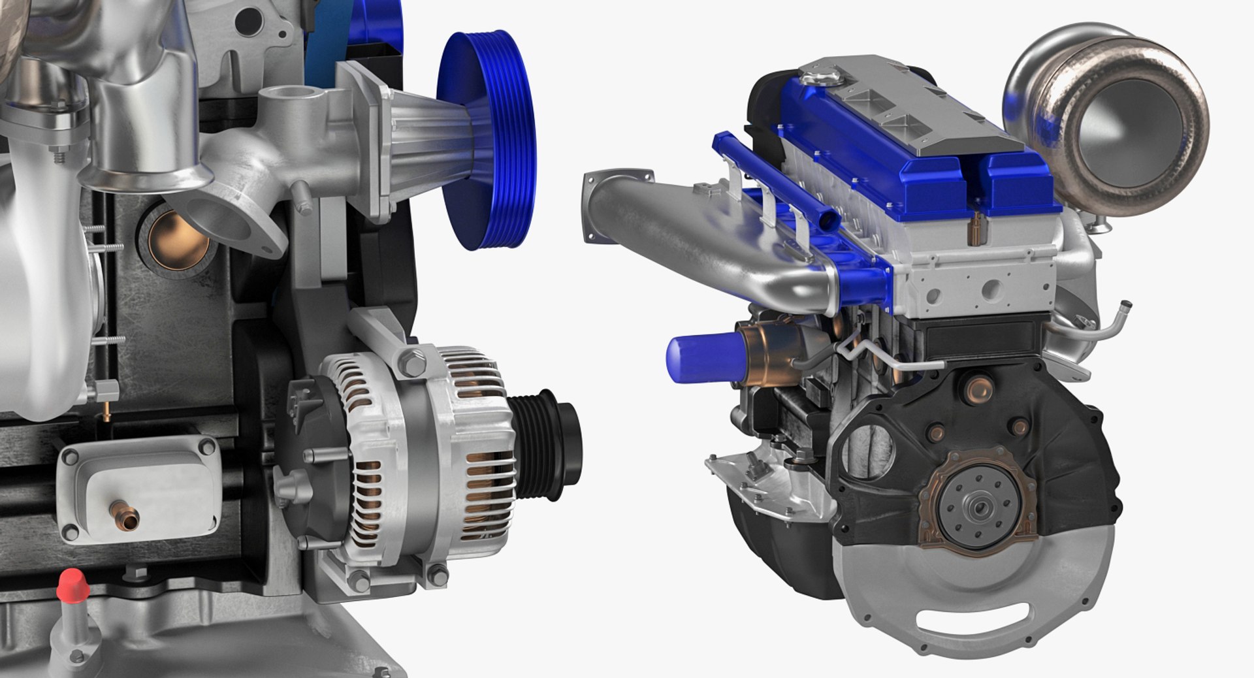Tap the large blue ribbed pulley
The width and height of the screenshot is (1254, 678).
pos(487,140)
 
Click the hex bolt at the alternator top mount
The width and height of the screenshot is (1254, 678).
pos(411,363)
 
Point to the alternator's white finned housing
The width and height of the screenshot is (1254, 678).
pos(425,457)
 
